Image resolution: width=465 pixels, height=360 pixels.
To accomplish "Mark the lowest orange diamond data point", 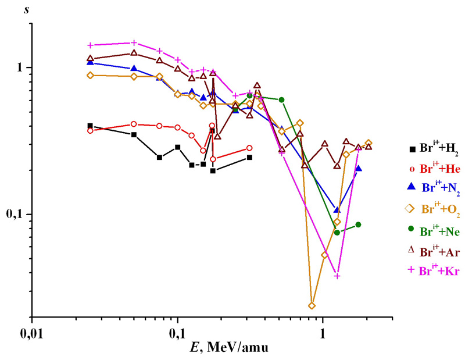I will coord(312,305).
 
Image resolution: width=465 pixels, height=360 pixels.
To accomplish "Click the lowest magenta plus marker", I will coord(337,276).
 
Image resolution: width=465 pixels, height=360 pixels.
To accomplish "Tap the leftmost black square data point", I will coord(90,126).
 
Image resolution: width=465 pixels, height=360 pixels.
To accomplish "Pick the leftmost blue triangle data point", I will coord(90,62).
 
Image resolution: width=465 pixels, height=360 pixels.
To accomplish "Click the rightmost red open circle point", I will coord(249,148).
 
